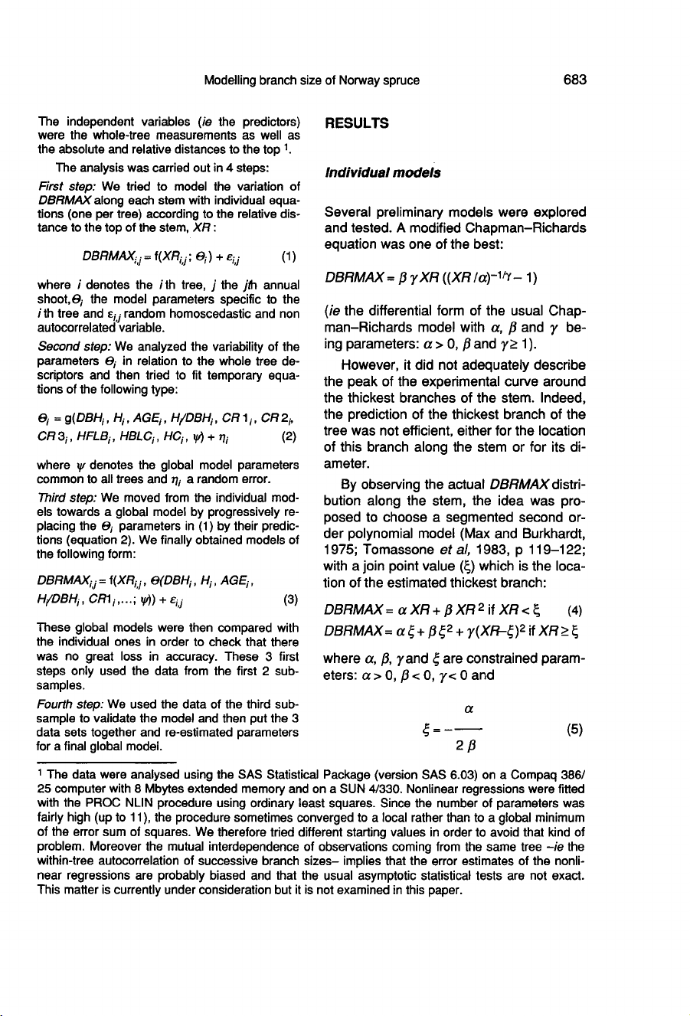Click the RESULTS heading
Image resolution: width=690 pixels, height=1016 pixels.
click(355, 123)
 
